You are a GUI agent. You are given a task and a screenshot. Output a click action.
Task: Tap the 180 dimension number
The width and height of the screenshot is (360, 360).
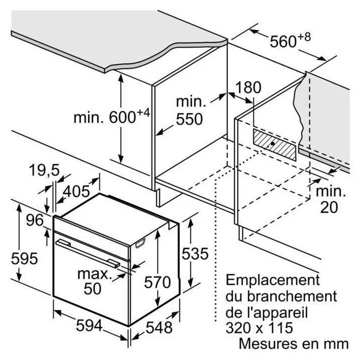click(x=249, y=88)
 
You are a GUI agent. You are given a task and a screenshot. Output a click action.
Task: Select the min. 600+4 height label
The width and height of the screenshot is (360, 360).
click(x=111, y=117)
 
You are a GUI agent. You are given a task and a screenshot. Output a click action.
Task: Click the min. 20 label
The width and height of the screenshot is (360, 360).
click(x=329, y=198)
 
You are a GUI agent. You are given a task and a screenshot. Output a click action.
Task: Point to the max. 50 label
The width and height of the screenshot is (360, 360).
click(x=93, y=281)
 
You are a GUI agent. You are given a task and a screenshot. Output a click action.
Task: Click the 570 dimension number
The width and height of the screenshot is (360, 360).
click(x=157, y=282)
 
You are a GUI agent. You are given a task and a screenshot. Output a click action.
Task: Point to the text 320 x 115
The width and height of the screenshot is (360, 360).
click(x=259, y=328)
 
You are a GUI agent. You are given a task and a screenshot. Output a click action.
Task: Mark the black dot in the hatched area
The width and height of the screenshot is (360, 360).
click(x=271, y=144)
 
